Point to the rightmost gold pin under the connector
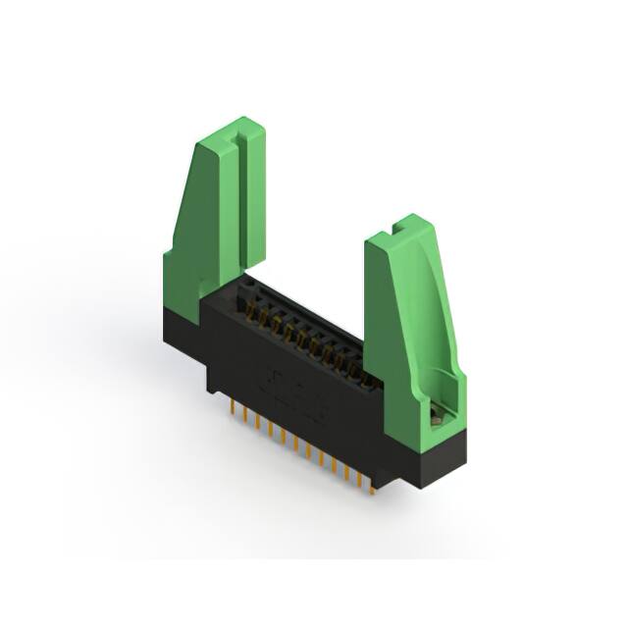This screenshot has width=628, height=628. (372, 483)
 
